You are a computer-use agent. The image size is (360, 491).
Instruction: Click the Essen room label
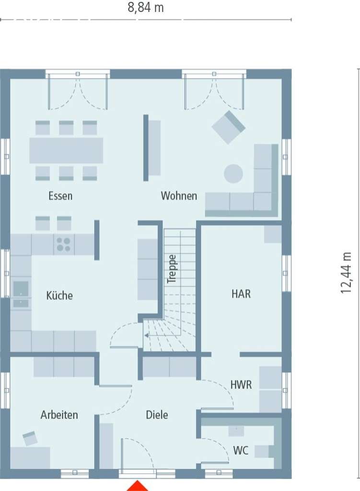click(60, 196)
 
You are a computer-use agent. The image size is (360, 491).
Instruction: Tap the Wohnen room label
click(179, 196)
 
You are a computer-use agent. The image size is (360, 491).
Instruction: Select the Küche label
click(59, 295)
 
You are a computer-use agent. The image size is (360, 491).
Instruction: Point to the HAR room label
click(241, 294)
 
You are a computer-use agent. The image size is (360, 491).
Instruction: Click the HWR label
click(241, 384)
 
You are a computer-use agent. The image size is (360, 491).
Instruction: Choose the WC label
click(241, 451)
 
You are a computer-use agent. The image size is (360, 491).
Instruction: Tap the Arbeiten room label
click(59, 415)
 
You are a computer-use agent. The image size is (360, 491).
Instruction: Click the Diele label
click(157, 415)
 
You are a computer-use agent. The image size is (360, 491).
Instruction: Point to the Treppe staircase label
click(172, 269)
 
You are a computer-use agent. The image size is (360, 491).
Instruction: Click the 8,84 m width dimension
click(146, 8)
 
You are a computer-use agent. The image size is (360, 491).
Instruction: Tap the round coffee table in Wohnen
click(233, 174)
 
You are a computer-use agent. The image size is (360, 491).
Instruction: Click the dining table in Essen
click(66, 151)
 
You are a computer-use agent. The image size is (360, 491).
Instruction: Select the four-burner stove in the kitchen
click(63, 245)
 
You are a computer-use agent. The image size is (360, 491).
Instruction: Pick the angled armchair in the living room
click(229, 127)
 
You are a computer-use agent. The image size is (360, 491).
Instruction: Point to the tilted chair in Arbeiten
click(30, 438)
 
